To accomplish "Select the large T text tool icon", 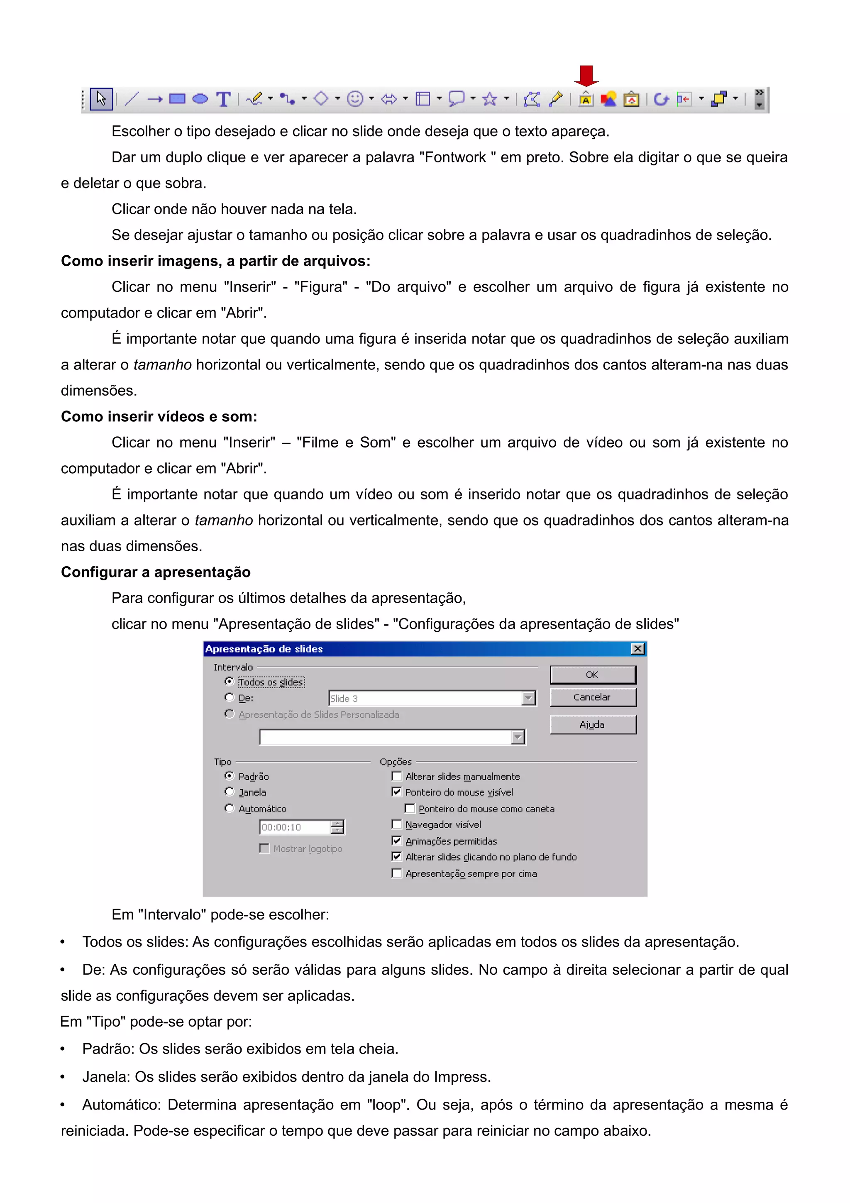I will (x=224, y=99).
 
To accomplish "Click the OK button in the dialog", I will (x=592, y=675).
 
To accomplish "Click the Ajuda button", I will (x=592, y=725).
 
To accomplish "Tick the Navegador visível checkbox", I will (x=396, y=824).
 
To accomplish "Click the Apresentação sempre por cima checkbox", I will (x=396, y=873).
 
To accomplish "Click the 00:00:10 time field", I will (x=295, y=827).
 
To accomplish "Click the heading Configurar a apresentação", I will (x=156, y=572).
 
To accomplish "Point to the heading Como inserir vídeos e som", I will (x=159, y=416).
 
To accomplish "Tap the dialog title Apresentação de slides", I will (x=264, y=649).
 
